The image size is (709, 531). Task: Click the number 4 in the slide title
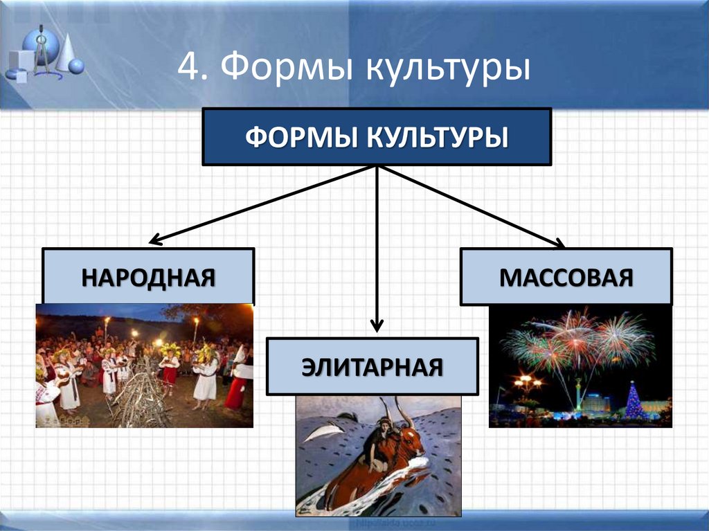(188, 68)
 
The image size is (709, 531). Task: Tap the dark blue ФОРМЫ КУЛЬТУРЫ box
(376, 136)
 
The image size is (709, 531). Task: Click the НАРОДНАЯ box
(148, 277)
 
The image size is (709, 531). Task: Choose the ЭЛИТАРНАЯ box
(372, 366)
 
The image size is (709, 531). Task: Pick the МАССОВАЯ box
(566, 277)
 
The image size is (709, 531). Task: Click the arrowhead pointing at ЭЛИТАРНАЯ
(377, 325)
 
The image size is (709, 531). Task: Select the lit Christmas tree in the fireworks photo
(634, 401)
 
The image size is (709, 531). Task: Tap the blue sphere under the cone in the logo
(76, 66)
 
